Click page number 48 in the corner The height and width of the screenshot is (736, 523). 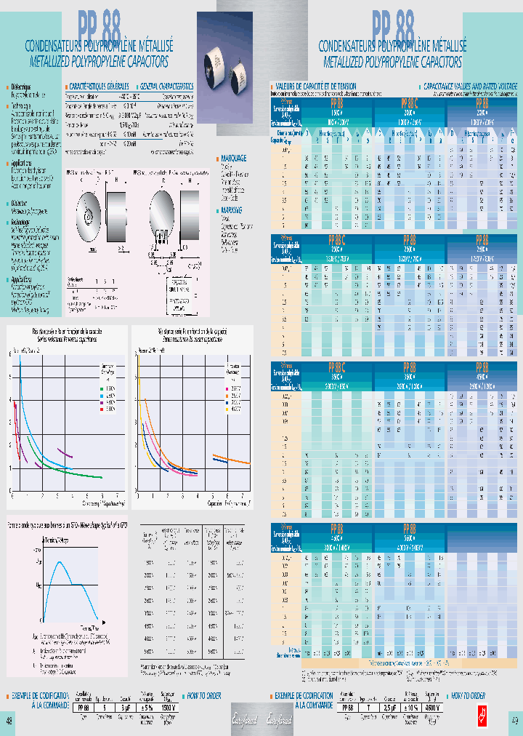[x=9, y=721]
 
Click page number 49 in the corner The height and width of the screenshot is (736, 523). [x=514, y=721]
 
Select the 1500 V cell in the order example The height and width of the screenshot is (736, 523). [x=169, y=706]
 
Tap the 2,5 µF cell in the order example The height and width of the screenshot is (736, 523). [x=389, y=706]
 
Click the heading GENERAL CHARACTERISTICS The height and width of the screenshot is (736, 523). [x=167, y=85]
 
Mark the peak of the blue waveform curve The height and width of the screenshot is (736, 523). [x=62, y=564]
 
